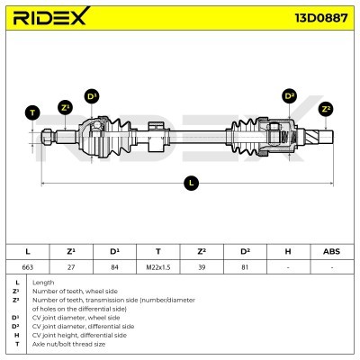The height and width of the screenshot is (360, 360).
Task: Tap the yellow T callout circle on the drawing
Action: click(x=32, y=112)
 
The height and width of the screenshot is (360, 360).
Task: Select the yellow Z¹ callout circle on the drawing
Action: click(x=65, y=107)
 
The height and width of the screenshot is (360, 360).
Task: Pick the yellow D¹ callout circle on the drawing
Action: click(x=92, y=96)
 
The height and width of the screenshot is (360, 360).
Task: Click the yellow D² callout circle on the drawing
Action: click(x=289, y=95)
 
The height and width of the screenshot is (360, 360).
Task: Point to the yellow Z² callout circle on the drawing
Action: click(x=326, y=108)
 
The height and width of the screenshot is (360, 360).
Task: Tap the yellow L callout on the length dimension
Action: click(x=190, y=183)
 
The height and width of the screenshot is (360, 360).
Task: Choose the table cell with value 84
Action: click(x=113, y=267)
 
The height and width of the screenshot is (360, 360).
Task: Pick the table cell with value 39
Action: click(x=201, y=267)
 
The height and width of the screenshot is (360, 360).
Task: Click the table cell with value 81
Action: click(x=244, y=267)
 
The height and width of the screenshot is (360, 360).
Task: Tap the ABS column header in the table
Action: click(x=330, y=251)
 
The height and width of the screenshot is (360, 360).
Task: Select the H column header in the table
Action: click(x=287, y=251)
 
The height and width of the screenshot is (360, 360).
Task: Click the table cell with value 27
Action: click(x=70, y=267)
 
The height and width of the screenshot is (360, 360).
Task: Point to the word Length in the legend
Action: click(x=43, y=283)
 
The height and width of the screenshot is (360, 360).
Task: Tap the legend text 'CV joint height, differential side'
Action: click(x=83, y=334)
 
